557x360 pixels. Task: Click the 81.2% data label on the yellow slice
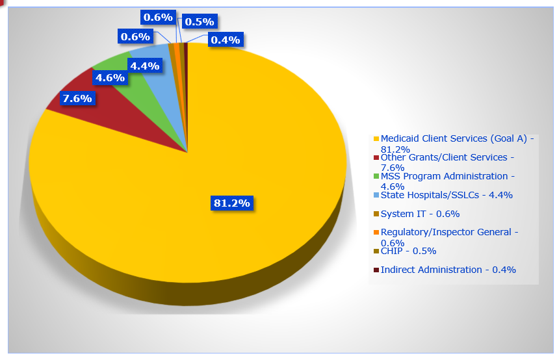tap(232, 203)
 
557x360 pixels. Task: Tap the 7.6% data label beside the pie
tap(77, 99)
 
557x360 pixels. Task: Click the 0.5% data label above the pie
tap(199, 22)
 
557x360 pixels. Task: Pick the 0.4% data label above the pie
tap(225, 40)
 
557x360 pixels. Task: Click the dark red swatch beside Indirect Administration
tap(376, 270)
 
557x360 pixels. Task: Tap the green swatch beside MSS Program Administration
tap(376, 177)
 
